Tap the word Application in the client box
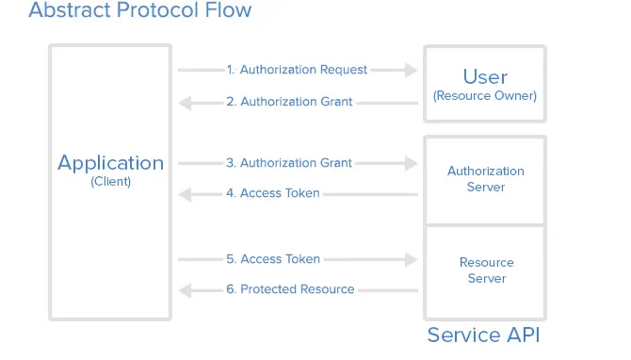(x=110, y=162)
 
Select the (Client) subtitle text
(x=110, y=182)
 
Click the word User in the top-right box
(x=485, y=76)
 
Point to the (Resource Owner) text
(x=485, y=96)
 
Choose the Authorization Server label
(x=485, y=179)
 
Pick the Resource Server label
(x=486, y=270)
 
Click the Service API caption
(x=483, y=335)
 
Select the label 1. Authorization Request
(x=297, y=70)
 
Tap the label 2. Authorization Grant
(x=289, y=101)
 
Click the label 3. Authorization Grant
(x=289, y=163)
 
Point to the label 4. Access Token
(x=273, y=193)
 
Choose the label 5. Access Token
(x=273, y=259)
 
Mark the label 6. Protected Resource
(x=290, y=289)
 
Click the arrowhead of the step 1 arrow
(x=410, y=70)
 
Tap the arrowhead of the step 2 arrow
(x=186, y=102)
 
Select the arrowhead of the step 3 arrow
(x=410, y=163)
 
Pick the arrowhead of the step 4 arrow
(x=186, y=194)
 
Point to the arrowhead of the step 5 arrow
(x=410, y=259)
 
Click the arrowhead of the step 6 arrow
(x=186, y=289)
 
